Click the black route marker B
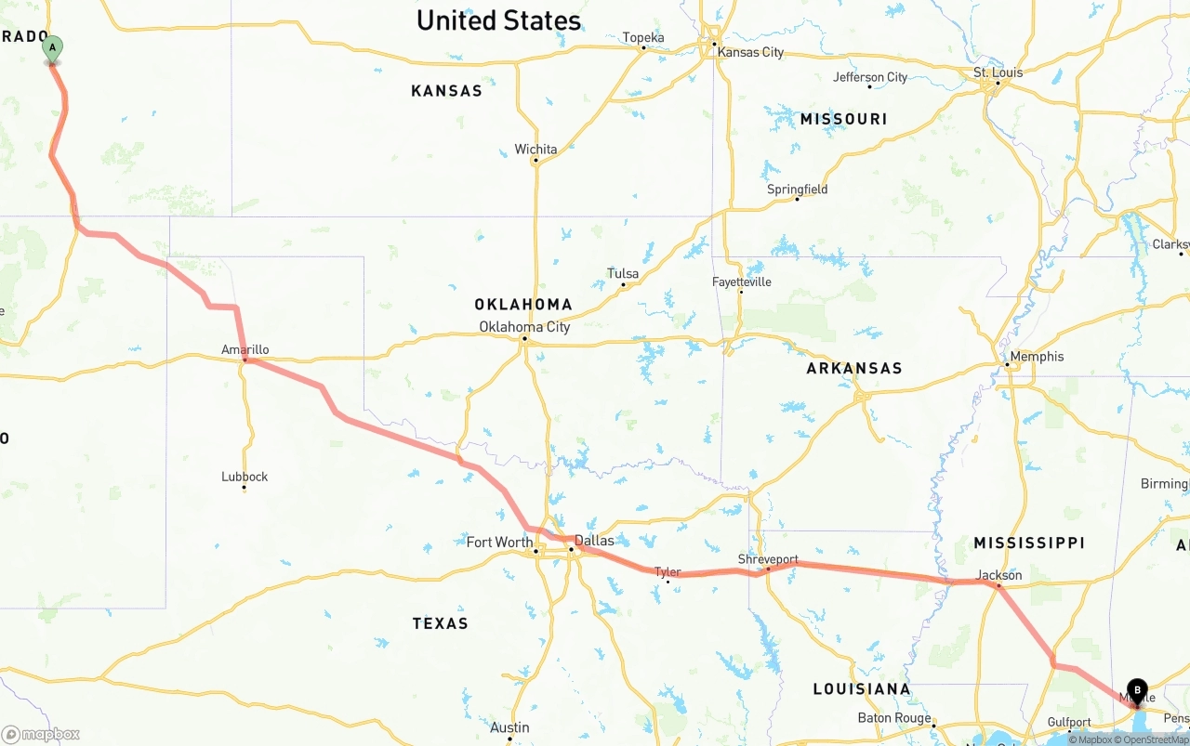coord(1137,690)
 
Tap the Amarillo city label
coord(245,350)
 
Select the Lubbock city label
coord(245,477)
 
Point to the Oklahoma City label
coord(524,327)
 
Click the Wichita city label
coord(535,150)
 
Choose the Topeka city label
coord(643,38)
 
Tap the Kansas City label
coord(750,52)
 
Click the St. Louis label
coord(998,72)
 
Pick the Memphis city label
coord(1037,357)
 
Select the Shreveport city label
coord(768,559)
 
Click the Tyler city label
coord(668,572)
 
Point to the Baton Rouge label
coord(894,718)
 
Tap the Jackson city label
coord(999,575)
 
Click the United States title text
coord(498,20)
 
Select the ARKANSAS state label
coord(853,369)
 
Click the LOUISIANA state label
coord(861,689)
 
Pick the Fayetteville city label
coord(741,282)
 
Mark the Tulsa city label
coord(623,274)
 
